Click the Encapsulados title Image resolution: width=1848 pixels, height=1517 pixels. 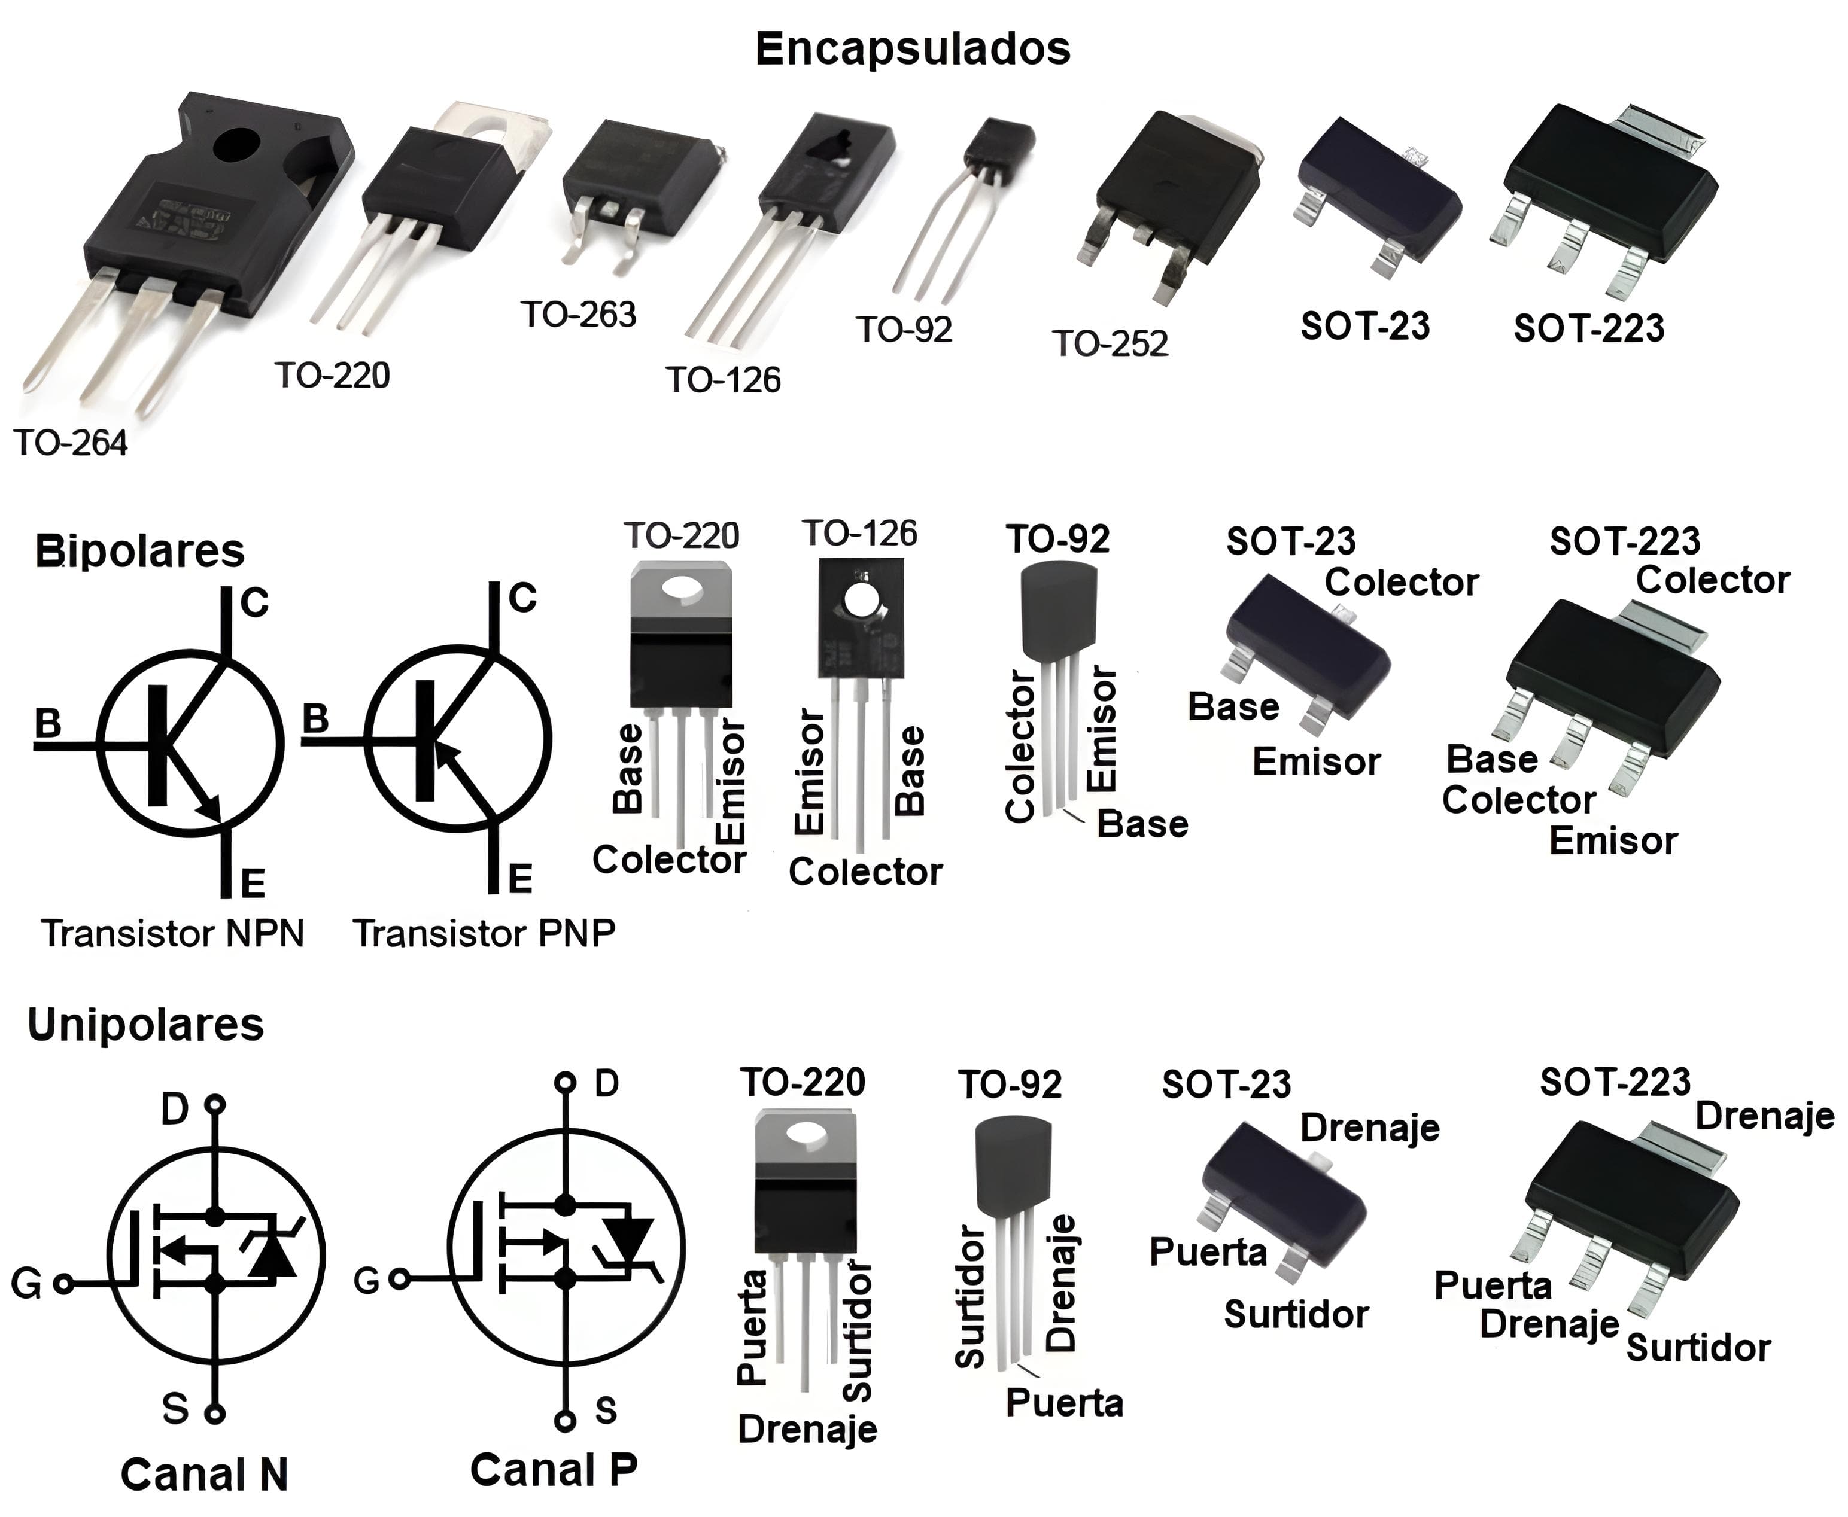(x=913, y=49)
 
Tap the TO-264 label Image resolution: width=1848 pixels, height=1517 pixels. (x=71, y=443)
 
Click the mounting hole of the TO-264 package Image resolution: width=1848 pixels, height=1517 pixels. (x=237, y=146)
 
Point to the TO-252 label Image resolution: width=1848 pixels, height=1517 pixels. (x=1110, y=343)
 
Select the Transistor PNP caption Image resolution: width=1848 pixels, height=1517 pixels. (x=484, y=933)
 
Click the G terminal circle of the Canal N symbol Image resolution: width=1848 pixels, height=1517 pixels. (x=63, y=1284)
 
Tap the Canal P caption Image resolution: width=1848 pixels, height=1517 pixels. (x=554, y=1470)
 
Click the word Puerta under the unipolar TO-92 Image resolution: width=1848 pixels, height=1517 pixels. (x=1064, y=1403)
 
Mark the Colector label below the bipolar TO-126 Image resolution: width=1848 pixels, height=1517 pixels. (x=865, y=872)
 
